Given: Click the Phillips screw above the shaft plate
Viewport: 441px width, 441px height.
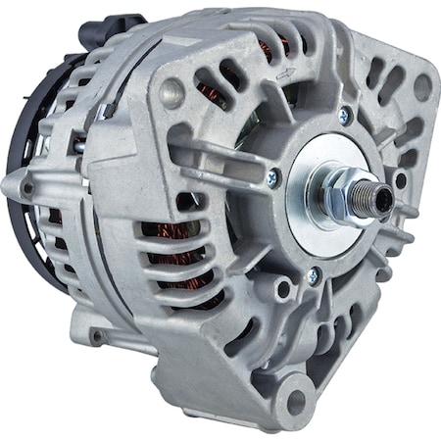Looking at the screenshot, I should pos(345,115).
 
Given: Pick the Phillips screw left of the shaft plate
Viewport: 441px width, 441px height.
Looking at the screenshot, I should pos(272,177).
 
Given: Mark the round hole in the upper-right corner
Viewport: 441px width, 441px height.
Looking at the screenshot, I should pos(423,86).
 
